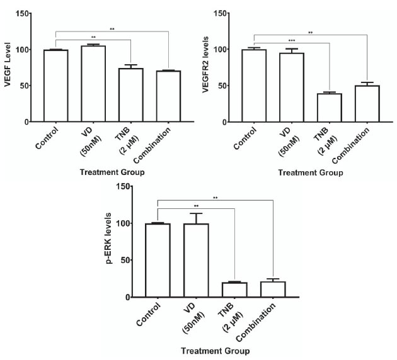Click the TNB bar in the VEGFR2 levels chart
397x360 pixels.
[x=329, y=107]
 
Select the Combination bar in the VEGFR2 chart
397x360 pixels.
[x=367, y=103]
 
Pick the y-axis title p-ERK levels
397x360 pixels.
[x=112, y=242]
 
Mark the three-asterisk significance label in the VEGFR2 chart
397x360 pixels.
[x=291, y=41]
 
